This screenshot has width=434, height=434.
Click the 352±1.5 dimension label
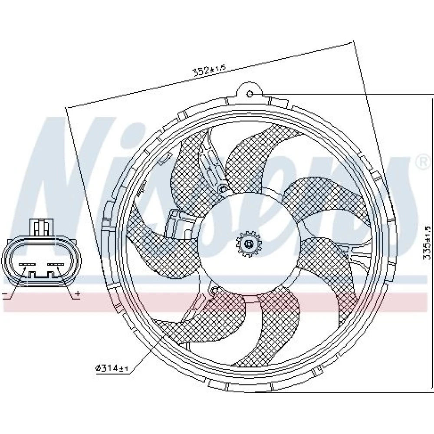[210, 71]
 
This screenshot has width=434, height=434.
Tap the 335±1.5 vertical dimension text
[427, 243]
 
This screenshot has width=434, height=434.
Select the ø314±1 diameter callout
[112, 368]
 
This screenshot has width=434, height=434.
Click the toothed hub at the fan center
[249, 243]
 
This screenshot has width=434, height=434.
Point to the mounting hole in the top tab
[250, 94]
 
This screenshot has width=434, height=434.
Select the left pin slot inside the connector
[26, 264]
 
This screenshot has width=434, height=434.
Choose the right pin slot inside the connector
[55, 264]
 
